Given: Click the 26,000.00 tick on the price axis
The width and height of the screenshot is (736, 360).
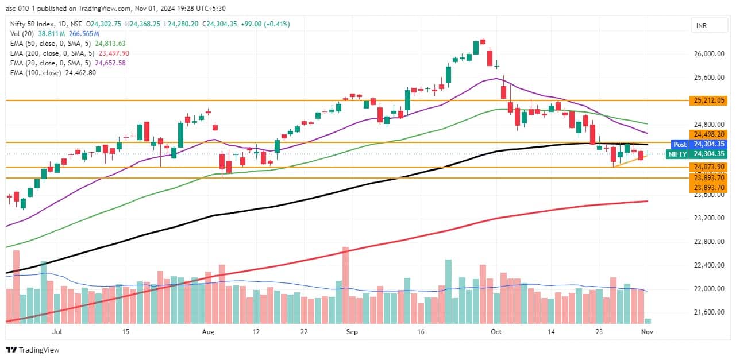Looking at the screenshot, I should coord(708,54).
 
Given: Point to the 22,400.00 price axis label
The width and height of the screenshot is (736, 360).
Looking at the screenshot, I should coord(708,265).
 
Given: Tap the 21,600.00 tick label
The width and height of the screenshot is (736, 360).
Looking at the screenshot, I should coord(708,312).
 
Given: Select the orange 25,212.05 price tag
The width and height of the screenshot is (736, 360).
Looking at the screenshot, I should coord(710,100).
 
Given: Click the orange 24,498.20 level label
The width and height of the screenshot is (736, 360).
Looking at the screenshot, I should coord(710,133).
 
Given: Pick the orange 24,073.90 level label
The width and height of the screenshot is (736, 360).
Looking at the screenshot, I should coord(710,167).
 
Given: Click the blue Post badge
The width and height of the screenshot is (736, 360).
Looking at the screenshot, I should coord(680,144).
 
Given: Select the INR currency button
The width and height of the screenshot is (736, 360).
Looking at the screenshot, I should coord(701,26).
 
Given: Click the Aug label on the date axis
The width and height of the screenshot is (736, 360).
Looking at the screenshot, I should coord(209,332).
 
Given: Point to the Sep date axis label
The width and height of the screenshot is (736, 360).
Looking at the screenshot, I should coord(352,332).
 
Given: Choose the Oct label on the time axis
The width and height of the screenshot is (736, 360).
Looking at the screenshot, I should coord(496,332).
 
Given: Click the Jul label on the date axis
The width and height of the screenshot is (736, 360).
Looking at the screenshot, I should coord(57,332).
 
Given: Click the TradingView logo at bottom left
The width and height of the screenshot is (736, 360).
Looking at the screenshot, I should coord(33,350).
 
